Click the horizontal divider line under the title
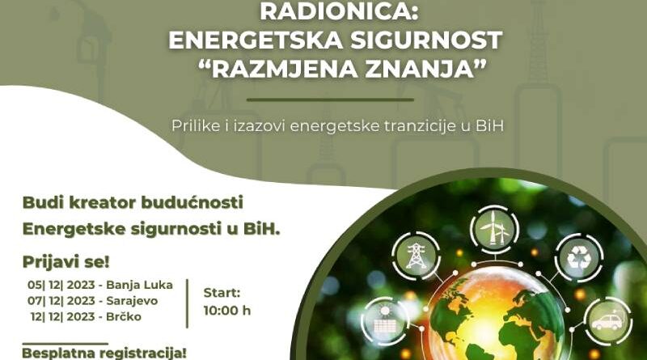pos(330,100)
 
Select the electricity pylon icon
pos(416,256)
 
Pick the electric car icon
pos(607,321)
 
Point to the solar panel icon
pos(385,322)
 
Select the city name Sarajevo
pos(132,301)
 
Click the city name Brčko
pos(124,316)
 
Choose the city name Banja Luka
pos(139,286)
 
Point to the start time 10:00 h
pos(227,311)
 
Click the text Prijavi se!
pos(66,262)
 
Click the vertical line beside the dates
pos(188,303)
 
